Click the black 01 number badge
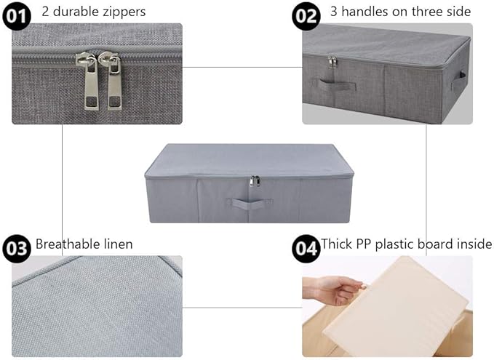(17, 16)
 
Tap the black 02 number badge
(306, 16)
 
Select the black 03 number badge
(17, 249)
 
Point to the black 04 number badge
(306, 249)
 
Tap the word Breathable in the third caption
(63, 244)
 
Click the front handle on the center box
(250, 204)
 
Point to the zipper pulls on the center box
(255, 181)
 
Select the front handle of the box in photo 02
(335, 85)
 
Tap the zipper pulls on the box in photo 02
(332, 62)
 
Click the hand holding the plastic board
(334, 290)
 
